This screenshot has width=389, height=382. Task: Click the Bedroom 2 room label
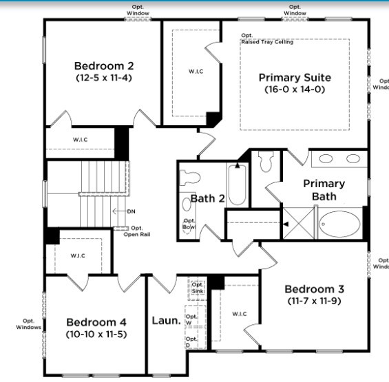(x=103, y=66)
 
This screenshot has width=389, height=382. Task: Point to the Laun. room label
(x=166, y=321)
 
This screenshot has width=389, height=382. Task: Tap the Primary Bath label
(x=324, y=190)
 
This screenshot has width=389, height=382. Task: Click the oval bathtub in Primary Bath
(x=339, y=224)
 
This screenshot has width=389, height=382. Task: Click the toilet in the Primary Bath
(x=266, y=162)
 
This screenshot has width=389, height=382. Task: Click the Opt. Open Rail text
(x=136, y=231)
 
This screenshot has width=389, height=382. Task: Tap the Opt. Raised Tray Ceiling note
(x=266, y=39)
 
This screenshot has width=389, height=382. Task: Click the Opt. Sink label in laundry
(x=197, y=288)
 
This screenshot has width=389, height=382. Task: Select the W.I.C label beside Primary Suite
(x=196, y=72)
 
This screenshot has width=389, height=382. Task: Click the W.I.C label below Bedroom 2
(x=80, y=140)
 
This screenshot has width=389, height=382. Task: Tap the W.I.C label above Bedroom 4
(x=78, y=255)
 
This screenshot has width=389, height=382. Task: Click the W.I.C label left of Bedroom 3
(x=239, y=314)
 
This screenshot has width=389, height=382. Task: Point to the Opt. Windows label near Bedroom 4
(x=28, y=323)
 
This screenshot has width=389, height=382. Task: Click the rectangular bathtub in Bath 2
(x=237, y=184)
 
